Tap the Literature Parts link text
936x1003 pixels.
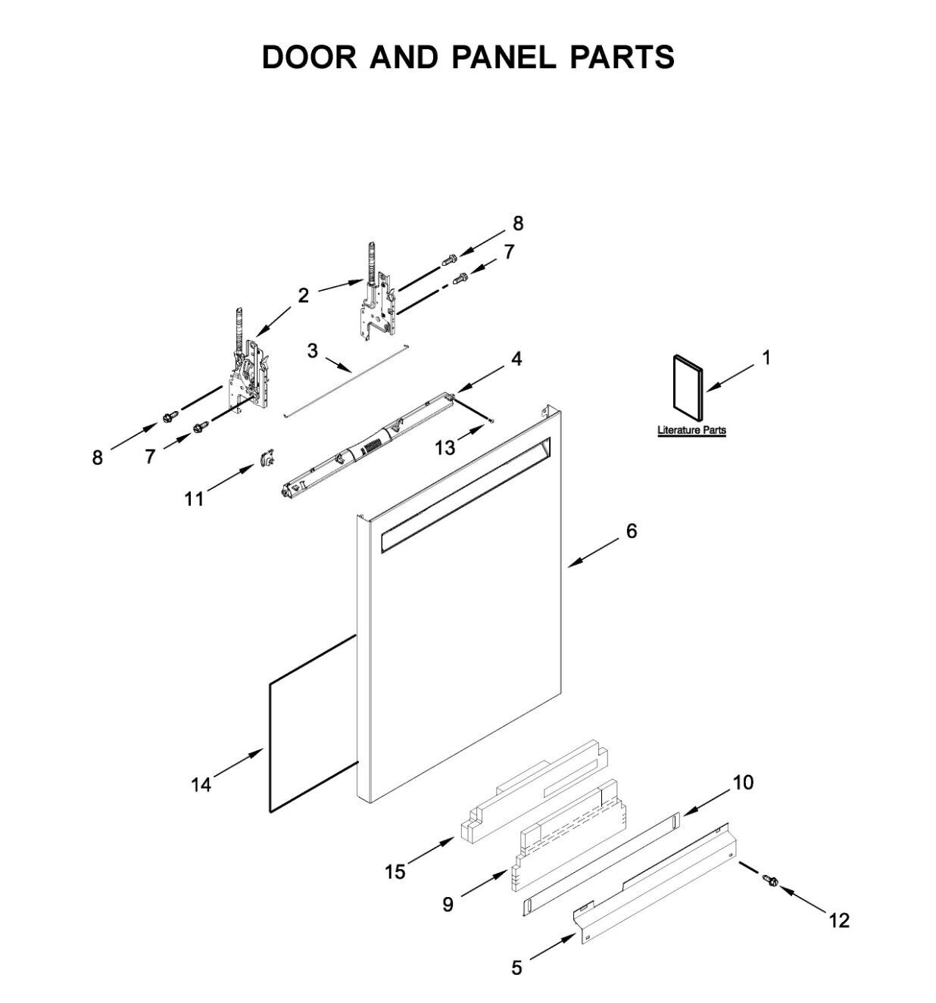pyautogui.click(x=691, y=431)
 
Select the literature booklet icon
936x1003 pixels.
pyautogui.click(x=686, y=386)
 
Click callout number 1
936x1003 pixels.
pyautogui.click(x=766, y=358)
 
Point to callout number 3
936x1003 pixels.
pyautogui.click(x=312, y=350)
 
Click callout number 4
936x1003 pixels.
pyautogui.click(x=516, y=359)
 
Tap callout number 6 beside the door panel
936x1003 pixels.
pyautogui.click(x=632, y=531)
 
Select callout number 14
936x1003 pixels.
pyautogui.click(x=201, y=785)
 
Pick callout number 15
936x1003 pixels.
pyautogui.click(x=395, y=872)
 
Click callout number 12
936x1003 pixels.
pyautogui.click(x=839, y=920)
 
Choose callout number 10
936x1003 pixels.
pyautogui.click(x=744, y=783)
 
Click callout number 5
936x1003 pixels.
pyautogui.click(x=516, y=967)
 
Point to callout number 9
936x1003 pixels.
pyautogui.click(x=448, y=904)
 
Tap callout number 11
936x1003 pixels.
pyautogui.click(x=195, y=499)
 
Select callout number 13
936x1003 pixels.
pyautogui.click(x=445, y=448)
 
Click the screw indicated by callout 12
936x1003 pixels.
pyautogui.click(x=771, y=880)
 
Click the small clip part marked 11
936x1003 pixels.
pyautogui.click(x=267, y=456)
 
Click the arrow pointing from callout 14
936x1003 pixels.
pyautogui.click(x=238, y=764)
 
